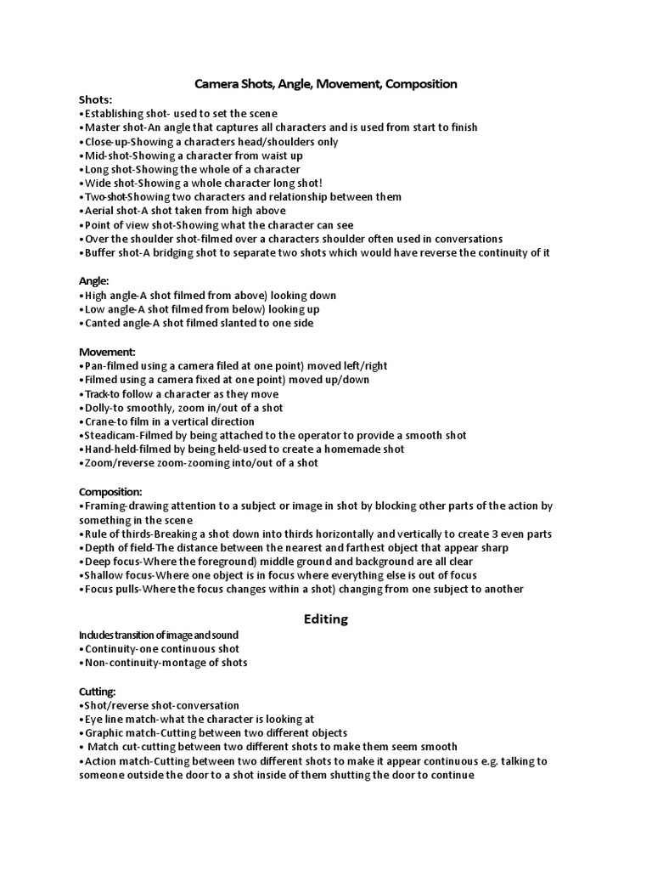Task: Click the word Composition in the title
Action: [422, 84]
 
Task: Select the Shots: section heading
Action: [95, 99]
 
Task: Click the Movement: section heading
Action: [107, 352]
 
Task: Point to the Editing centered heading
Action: [326, 619]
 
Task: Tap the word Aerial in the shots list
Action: [99, 211]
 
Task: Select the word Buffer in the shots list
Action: [100, 252]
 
